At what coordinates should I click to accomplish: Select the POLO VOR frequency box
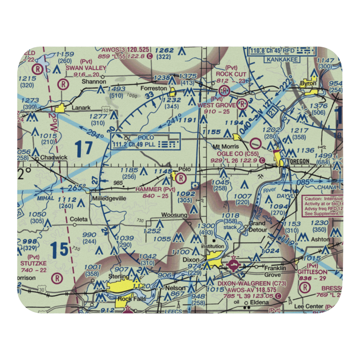pyautogui.click(x=145, y=141)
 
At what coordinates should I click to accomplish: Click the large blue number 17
pyautogui.click(x=84, y=148)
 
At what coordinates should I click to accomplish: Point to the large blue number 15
pyautogui.click(x=59, y=249)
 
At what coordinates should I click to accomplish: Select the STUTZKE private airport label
pyautogui.click(x=34, y=263)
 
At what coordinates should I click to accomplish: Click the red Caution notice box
pyautogui.click(x=323, y=206)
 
